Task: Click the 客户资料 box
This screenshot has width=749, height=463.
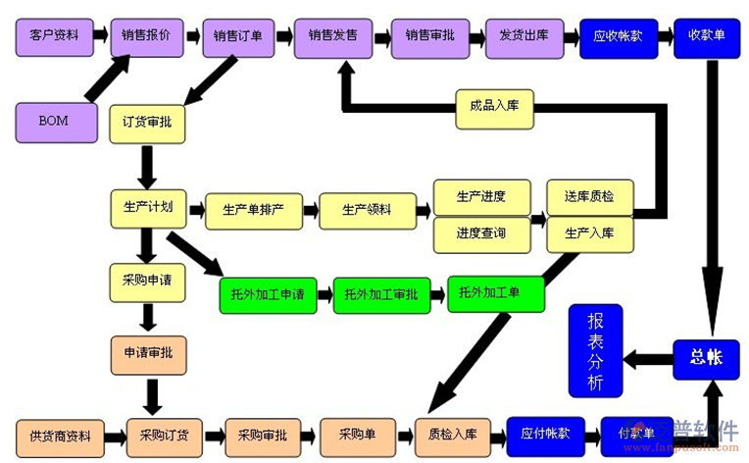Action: point(55,36)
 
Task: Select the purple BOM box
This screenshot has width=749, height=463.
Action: point(56,122)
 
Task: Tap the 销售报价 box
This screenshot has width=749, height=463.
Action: point(147,36)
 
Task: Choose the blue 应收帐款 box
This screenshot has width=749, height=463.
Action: point(618,36)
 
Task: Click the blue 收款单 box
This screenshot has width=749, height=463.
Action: point(706,36)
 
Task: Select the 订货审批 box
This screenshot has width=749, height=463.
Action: point(147,123)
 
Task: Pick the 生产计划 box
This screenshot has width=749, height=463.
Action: point(147,207)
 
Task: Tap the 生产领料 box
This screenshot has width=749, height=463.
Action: point(367,210)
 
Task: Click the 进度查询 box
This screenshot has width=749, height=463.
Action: point(481,233)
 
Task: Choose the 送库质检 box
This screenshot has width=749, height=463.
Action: point(589,196)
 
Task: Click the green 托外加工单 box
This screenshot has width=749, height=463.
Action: point(496,292)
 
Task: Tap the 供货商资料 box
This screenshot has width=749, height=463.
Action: point(60,436)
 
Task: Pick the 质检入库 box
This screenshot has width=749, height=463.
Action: point(452,435)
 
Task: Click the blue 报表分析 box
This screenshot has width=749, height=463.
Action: point(595,350)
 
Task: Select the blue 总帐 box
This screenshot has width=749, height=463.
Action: point(706,359)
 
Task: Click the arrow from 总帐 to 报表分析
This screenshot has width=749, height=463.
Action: point(648,359)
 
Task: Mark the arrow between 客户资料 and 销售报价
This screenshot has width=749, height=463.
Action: point(101,36)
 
